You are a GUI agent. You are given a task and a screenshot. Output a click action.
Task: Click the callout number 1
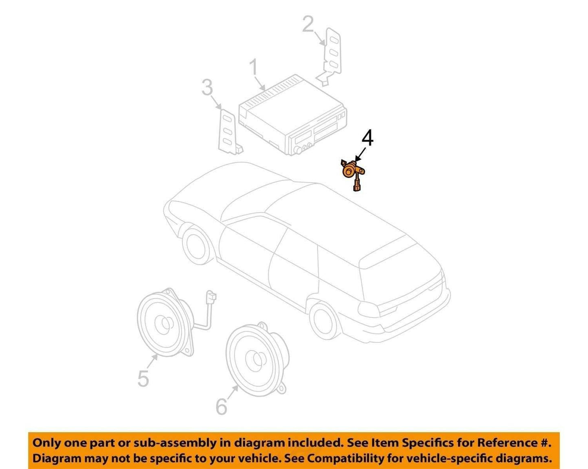[x=254, y=68]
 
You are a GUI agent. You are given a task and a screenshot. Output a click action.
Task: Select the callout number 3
[x=207, y=87]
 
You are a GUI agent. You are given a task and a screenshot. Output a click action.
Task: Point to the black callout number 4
[x=367, y=139]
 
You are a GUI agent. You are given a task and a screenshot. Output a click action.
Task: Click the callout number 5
[x=143, y=379]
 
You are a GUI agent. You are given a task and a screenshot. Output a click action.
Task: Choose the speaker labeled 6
[x=256, y=360]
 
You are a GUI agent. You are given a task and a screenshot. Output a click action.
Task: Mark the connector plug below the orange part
[x=356, y=188]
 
